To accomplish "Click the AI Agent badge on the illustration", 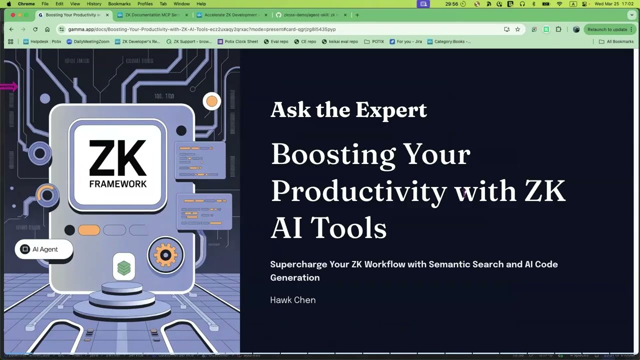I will coord(44,249).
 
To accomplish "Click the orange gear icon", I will coord(165,255).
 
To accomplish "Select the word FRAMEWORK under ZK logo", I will coord(118,183).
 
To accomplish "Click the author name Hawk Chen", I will coord(292,300).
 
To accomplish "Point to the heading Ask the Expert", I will coord(348,109).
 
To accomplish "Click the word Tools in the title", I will coord(348,228).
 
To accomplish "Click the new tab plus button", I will coord(357,15).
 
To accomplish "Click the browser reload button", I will coord(35,29).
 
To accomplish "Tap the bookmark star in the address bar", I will coord(517,29).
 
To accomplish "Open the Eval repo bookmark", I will coord(276,41).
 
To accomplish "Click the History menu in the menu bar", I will coord(94,4).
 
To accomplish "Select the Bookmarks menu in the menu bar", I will coord(119,4).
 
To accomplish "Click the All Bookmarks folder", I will coord(616,41).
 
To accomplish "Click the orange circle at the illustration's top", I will coord(211,101).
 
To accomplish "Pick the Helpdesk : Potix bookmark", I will coord(42,41).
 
